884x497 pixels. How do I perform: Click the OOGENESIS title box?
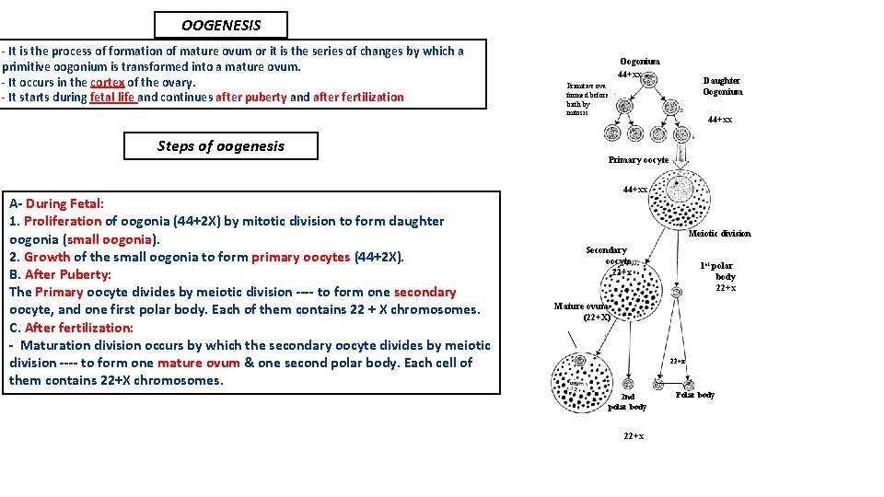click(220, 26)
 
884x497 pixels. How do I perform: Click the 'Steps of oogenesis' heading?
click(220, 145)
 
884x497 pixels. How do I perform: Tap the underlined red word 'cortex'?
click(107, 82)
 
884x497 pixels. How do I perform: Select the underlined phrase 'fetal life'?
click(113, 97)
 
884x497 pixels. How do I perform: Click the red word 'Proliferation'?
click(63, 221)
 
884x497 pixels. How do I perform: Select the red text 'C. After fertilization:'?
click(71, 328)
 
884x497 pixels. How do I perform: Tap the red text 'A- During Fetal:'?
click(56, 203)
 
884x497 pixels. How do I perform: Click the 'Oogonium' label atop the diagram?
click(639, 62)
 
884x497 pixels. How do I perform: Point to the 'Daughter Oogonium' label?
click(722, 87)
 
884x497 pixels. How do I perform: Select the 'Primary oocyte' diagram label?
click(638, 160)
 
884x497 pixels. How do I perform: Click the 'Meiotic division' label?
click(719, 234)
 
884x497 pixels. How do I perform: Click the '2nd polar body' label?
click(627, 402)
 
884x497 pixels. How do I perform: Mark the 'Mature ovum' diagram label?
click(582, 307)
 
